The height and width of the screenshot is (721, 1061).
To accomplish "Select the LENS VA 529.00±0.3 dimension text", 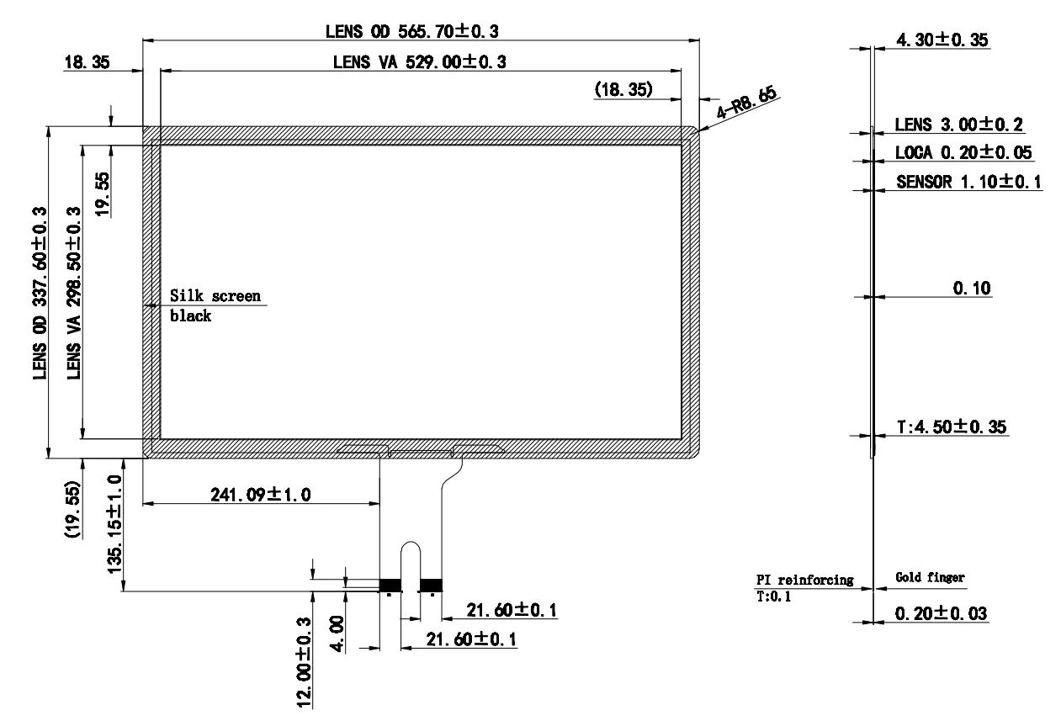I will point(419,62).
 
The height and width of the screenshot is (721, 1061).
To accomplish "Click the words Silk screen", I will point(215,296).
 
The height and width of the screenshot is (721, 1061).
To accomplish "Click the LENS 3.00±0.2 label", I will point(958,125).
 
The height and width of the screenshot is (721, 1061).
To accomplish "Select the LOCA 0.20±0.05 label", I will point(963,153).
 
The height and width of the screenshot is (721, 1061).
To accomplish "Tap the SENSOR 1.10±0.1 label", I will point(968,182).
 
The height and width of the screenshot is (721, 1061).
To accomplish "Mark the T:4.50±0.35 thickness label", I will point(952,427).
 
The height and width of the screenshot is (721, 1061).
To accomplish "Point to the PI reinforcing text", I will point(804,580).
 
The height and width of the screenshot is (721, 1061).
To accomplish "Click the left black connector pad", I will point(390,585).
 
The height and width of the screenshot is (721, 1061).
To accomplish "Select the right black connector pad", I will point(431,585).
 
